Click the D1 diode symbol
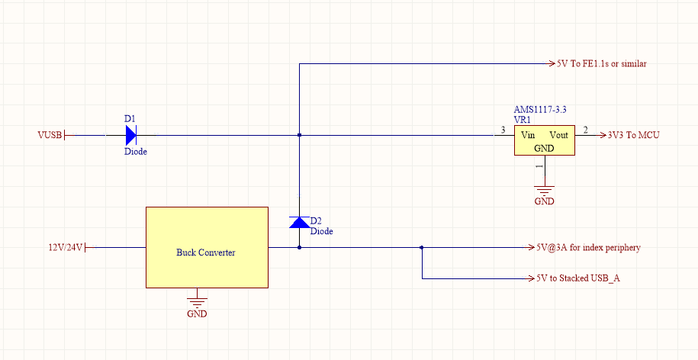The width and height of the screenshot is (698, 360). tap(130, 135)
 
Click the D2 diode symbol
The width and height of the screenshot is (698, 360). tap(299, 222)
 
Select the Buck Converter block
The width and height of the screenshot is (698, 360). tap(207, 247)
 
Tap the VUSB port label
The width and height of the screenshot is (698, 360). tap(50, 136)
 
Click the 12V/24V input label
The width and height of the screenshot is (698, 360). tap(65, 248)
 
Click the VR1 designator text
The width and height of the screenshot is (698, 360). tap(523, 121)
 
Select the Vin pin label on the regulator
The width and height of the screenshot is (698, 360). tap(527, 135)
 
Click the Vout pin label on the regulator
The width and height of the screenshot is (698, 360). tap(558, 135)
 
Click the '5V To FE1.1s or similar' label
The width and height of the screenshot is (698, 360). tap(603, 64)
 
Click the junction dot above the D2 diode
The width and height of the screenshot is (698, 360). tap(299, 135)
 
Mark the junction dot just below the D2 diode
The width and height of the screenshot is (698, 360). tap(299, 247)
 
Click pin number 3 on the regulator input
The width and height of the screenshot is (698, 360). tap(502, 130)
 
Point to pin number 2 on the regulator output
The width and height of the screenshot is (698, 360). tap(585, 130)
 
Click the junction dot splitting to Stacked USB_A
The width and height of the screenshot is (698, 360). tap(422, 247)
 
